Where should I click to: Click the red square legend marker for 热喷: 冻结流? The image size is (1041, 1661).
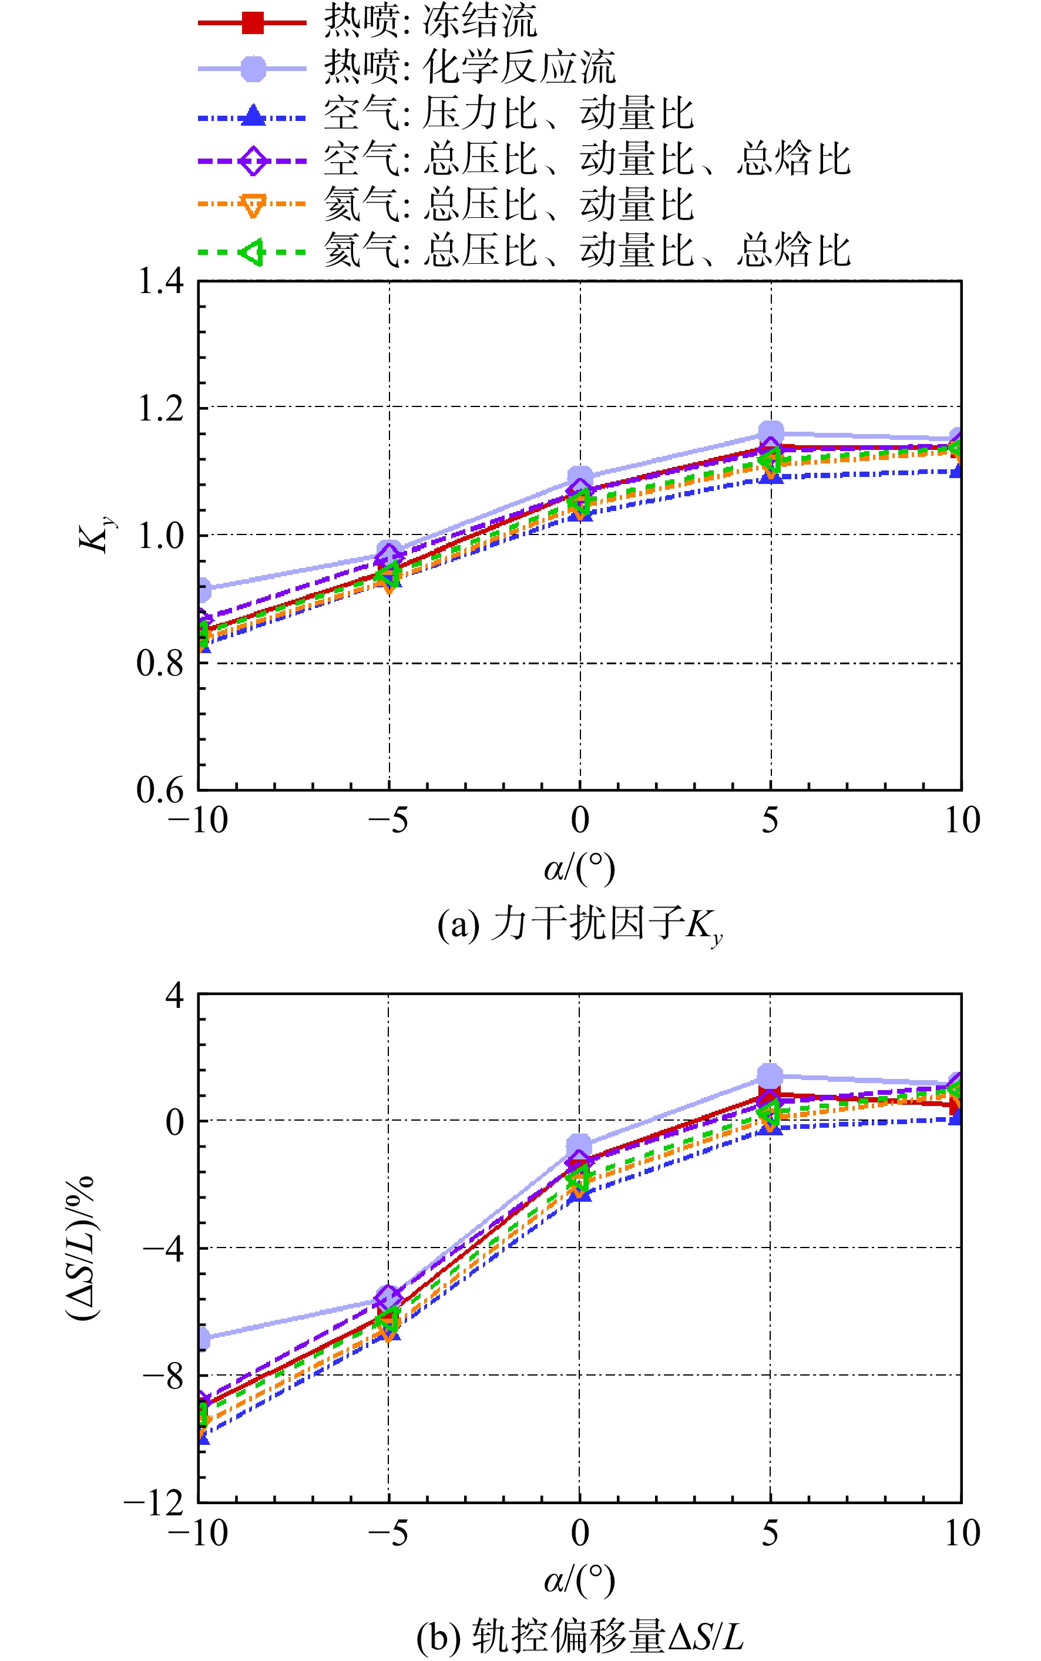point(253,23)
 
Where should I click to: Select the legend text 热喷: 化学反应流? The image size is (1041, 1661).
point(470,68)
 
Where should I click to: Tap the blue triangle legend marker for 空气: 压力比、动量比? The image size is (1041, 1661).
point(253,115)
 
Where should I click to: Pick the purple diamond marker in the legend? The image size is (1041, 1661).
point(253,160)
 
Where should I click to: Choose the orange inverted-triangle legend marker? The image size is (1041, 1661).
point(253,206)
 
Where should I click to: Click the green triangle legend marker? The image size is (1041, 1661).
point(251,252)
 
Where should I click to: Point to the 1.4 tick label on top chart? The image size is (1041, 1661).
point(161,281)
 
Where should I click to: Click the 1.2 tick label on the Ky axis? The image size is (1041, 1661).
point(161,408)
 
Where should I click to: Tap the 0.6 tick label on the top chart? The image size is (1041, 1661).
point(161,789)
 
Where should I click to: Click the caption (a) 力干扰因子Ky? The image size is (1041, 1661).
point(580,924)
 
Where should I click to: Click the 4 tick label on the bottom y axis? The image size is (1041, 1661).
point(175,995)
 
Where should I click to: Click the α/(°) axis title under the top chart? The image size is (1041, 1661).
point(580,868)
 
